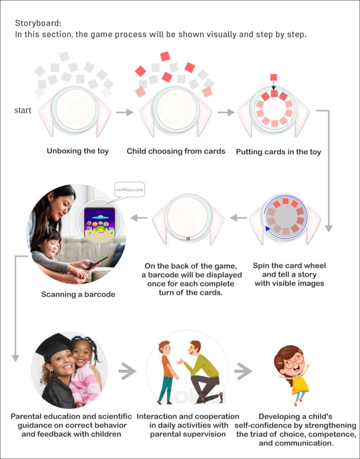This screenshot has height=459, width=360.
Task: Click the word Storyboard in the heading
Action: (33, 23)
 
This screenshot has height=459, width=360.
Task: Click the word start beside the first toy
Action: (23, 110)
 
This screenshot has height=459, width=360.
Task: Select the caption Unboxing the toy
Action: (78, 151)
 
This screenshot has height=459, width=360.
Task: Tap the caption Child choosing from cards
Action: (176, 151)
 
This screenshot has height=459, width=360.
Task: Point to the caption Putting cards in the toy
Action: (279, 152)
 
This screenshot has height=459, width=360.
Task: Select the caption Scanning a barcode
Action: (78, 294)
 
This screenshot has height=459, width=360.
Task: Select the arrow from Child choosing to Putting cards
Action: (227, 112)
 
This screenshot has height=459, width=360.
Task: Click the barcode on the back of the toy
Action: (189, 238)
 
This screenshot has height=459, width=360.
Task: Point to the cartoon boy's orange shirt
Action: (167, 365)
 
